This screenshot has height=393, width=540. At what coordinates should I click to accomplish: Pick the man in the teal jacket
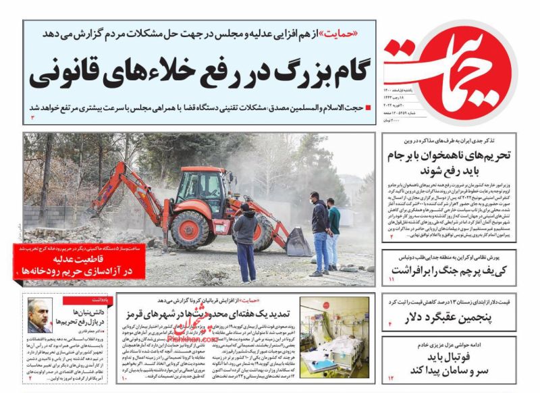333,233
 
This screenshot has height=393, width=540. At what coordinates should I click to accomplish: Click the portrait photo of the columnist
40,316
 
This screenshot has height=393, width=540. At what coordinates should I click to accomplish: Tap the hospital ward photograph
334,338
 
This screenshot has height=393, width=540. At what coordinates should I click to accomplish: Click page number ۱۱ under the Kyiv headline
391,279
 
